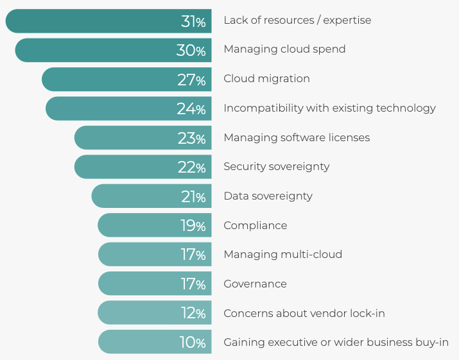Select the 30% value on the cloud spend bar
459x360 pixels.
click(191, 50)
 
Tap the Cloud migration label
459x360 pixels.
click(266, 79)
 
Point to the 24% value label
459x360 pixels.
click(191, 109)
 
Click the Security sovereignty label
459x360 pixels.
click(276, 167)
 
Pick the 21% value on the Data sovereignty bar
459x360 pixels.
click(193, 197)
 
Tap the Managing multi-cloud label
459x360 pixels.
click(282, 255)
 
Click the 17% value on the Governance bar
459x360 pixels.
click(193, 284)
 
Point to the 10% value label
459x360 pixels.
click(193, 343)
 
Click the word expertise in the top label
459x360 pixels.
click(347, 21)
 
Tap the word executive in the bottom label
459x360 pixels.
click(288, 343)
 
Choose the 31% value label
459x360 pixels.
click(193, 21)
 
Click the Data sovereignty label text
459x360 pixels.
click(268, 196)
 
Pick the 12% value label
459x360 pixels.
click(193, 314)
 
